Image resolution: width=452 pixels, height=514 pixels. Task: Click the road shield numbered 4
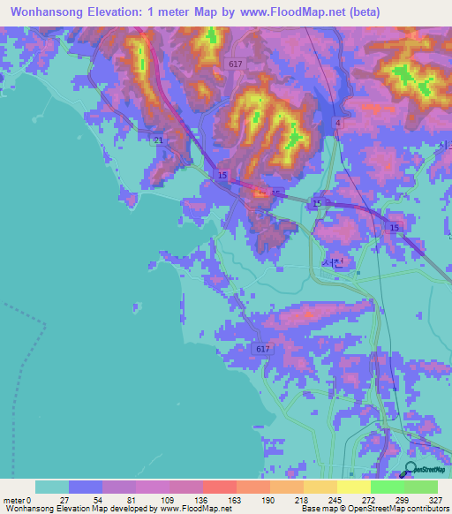pyautogui.click(x=338, y=123)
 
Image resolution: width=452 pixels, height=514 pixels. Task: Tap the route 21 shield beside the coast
pyautogui.click(x=158, y=140)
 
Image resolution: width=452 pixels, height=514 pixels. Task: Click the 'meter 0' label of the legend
pyautogui.click(x=18, y=498)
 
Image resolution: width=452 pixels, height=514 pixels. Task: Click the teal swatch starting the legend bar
pyautogui.click(x=52, y=487)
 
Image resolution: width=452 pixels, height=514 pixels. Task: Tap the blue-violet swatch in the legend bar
pyautogui.click(x=86, y=487)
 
